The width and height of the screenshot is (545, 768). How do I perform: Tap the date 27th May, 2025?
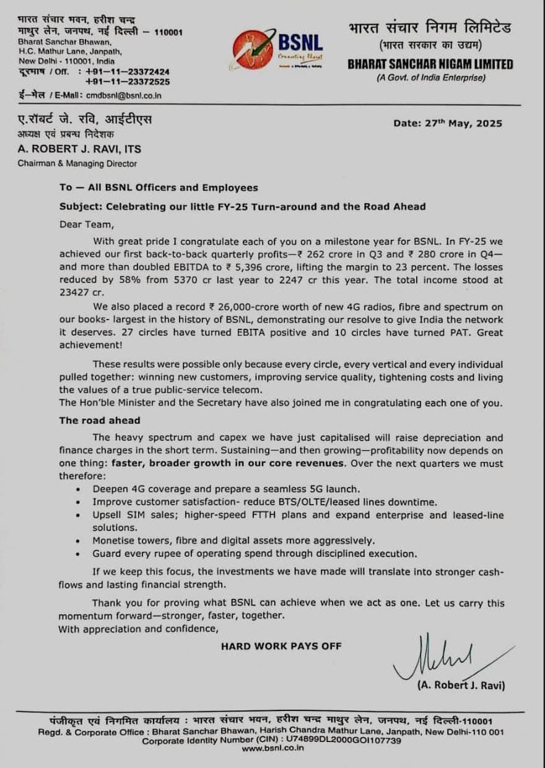coord(448,123)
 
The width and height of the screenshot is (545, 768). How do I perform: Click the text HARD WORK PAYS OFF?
coord(281,646)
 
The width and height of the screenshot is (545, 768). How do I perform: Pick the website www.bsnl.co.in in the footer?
coord(272,748)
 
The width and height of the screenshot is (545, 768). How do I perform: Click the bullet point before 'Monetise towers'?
coord(77,540)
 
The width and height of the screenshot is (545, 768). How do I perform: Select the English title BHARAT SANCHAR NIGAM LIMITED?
coord(430,64)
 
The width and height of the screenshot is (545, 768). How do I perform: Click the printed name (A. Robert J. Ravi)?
coord(461,686)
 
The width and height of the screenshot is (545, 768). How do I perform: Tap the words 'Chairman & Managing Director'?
coord(77,164)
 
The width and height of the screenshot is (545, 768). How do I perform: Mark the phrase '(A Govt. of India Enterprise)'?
coord(430,77)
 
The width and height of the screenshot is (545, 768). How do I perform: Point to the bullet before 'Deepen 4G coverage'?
coord(77,489)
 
